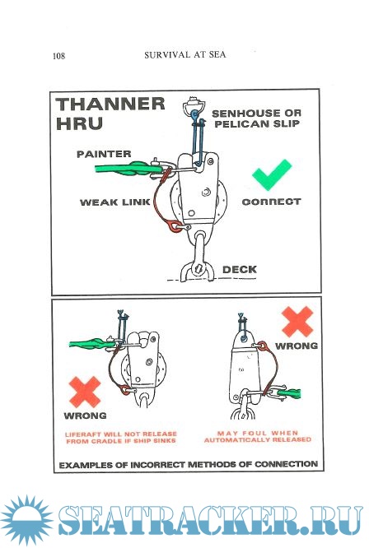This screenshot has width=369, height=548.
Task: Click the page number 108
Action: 58,56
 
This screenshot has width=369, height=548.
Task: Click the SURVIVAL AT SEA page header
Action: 185,55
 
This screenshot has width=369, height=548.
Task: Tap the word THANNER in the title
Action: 110,104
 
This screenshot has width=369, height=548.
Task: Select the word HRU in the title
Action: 79,123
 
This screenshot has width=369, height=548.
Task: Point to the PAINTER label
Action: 104,154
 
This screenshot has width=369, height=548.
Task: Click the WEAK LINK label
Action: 115,202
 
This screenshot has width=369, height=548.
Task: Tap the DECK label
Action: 240,269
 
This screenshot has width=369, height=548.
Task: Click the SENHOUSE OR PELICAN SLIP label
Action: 256,118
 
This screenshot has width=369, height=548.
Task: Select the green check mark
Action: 272,174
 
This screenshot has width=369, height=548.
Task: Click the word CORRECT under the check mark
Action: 272,202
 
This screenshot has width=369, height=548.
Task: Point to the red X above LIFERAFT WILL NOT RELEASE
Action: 85,392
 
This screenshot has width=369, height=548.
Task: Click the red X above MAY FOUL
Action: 297,322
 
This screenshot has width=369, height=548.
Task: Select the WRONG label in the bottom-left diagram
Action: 86,416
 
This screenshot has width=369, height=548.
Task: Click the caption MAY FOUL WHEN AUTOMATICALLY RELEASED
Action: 258,437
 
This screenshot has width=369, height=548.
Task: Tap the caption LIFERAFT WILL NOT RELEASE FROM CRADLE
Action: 121,438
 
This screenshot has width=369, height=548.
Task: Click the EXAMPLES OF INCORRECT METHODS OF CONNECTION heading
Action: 189,465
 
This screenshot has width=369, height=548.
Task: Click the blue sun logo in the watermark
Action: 27,520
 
